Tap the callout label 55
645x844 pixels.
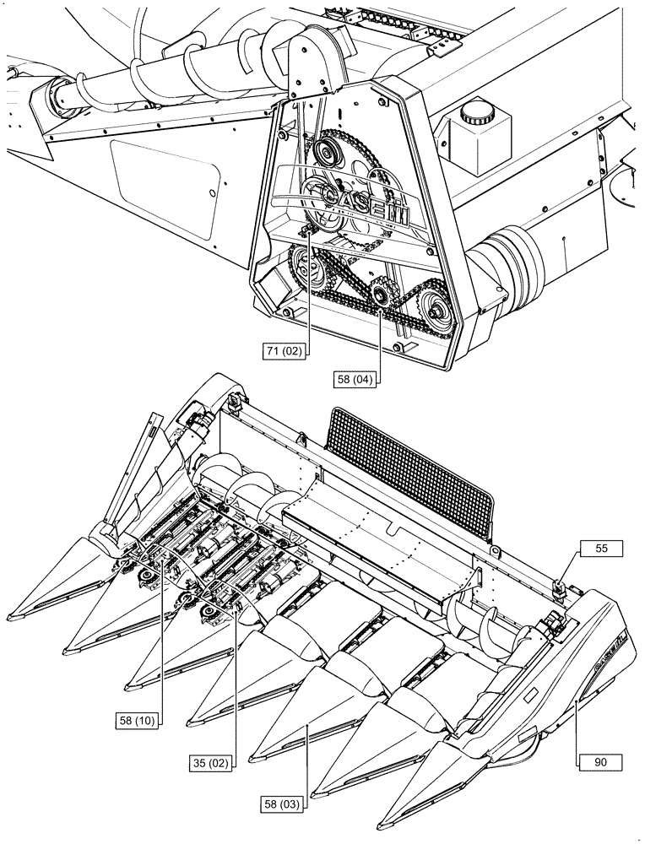pos(600,548)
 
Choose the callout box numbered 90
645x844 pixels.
pos(600,760)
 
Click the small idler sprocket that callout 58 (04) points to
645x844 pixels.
pos(382,295)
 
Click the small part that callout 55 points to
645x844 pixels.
pos(558,585)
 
